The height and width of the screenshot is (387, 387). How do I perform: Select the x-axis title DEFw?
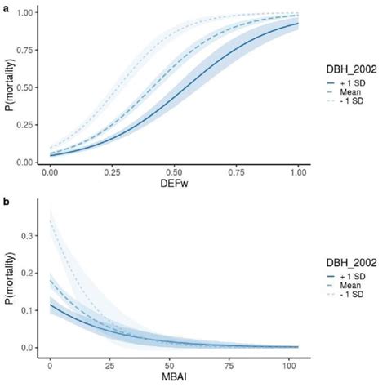[x=174, y=184]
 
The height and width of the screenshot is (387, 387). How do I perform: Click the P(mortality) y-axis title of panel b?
[x=10, y=274]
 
